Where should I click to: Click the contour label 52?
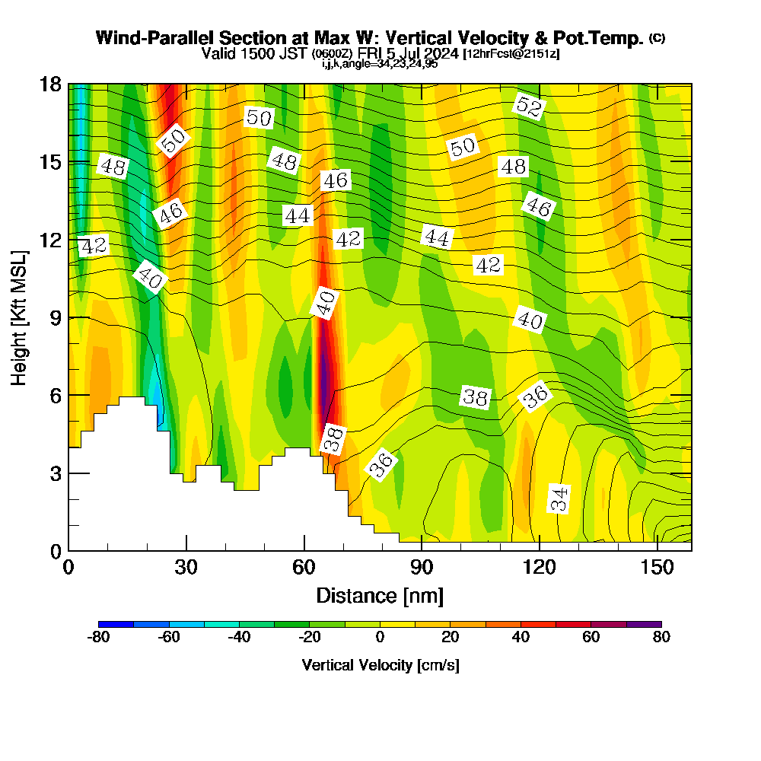528,106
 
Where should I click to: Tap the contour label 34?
559,499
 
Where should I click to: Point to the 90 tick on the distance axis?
422,550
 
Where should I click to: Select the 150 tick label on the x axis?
657,568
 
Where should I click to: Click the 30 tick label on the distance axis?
186,568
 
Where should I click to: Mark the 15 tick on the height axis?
68,162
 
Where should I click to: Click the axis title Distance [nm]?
380,595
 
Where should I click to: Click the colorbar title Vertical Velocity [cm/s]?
380,665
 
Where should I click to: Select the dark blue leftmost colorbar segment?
116,624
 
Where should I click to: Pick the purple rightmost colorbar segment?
644,624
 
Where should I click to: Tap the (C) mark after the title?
657,38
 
